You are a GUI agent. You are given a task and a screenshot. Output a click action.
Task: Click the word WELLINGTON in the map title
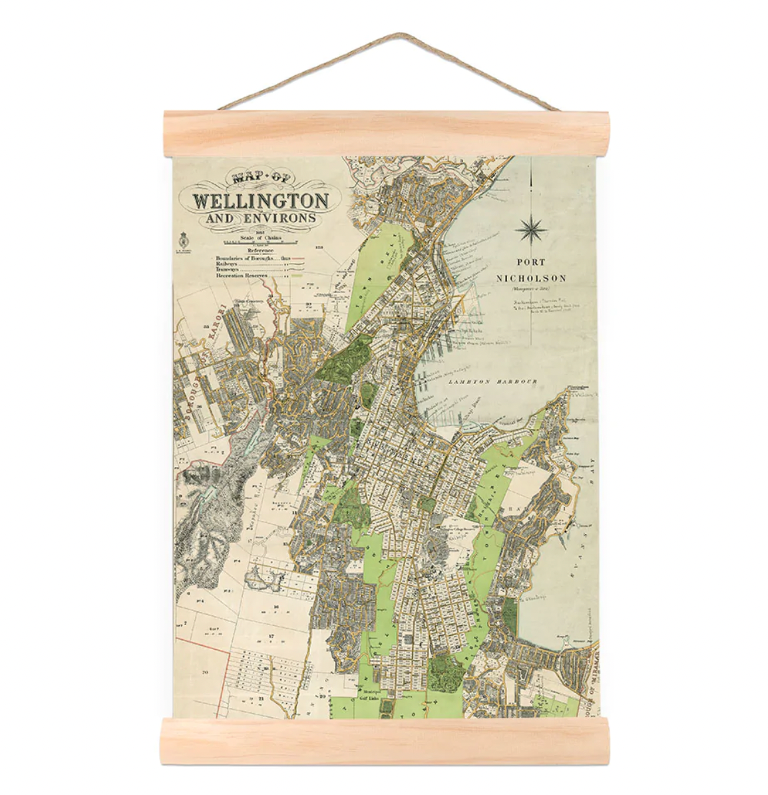260,200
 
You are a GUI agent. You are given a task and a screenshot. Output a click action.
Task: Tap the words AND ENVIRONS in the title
260,219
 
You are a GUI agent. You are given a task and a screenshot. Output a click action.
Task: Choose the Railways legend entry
228,264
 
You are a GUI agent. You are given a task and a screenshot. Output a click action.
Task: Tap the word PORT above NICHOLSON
530,262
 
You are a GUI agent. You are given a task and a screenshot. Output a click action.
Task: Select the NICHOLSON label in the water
531,278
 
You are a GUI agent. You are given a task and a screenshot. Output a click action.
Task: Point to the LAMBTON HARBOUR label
492,382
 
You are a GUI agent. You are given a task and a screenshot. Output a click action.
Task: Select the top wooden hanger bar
385,134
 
